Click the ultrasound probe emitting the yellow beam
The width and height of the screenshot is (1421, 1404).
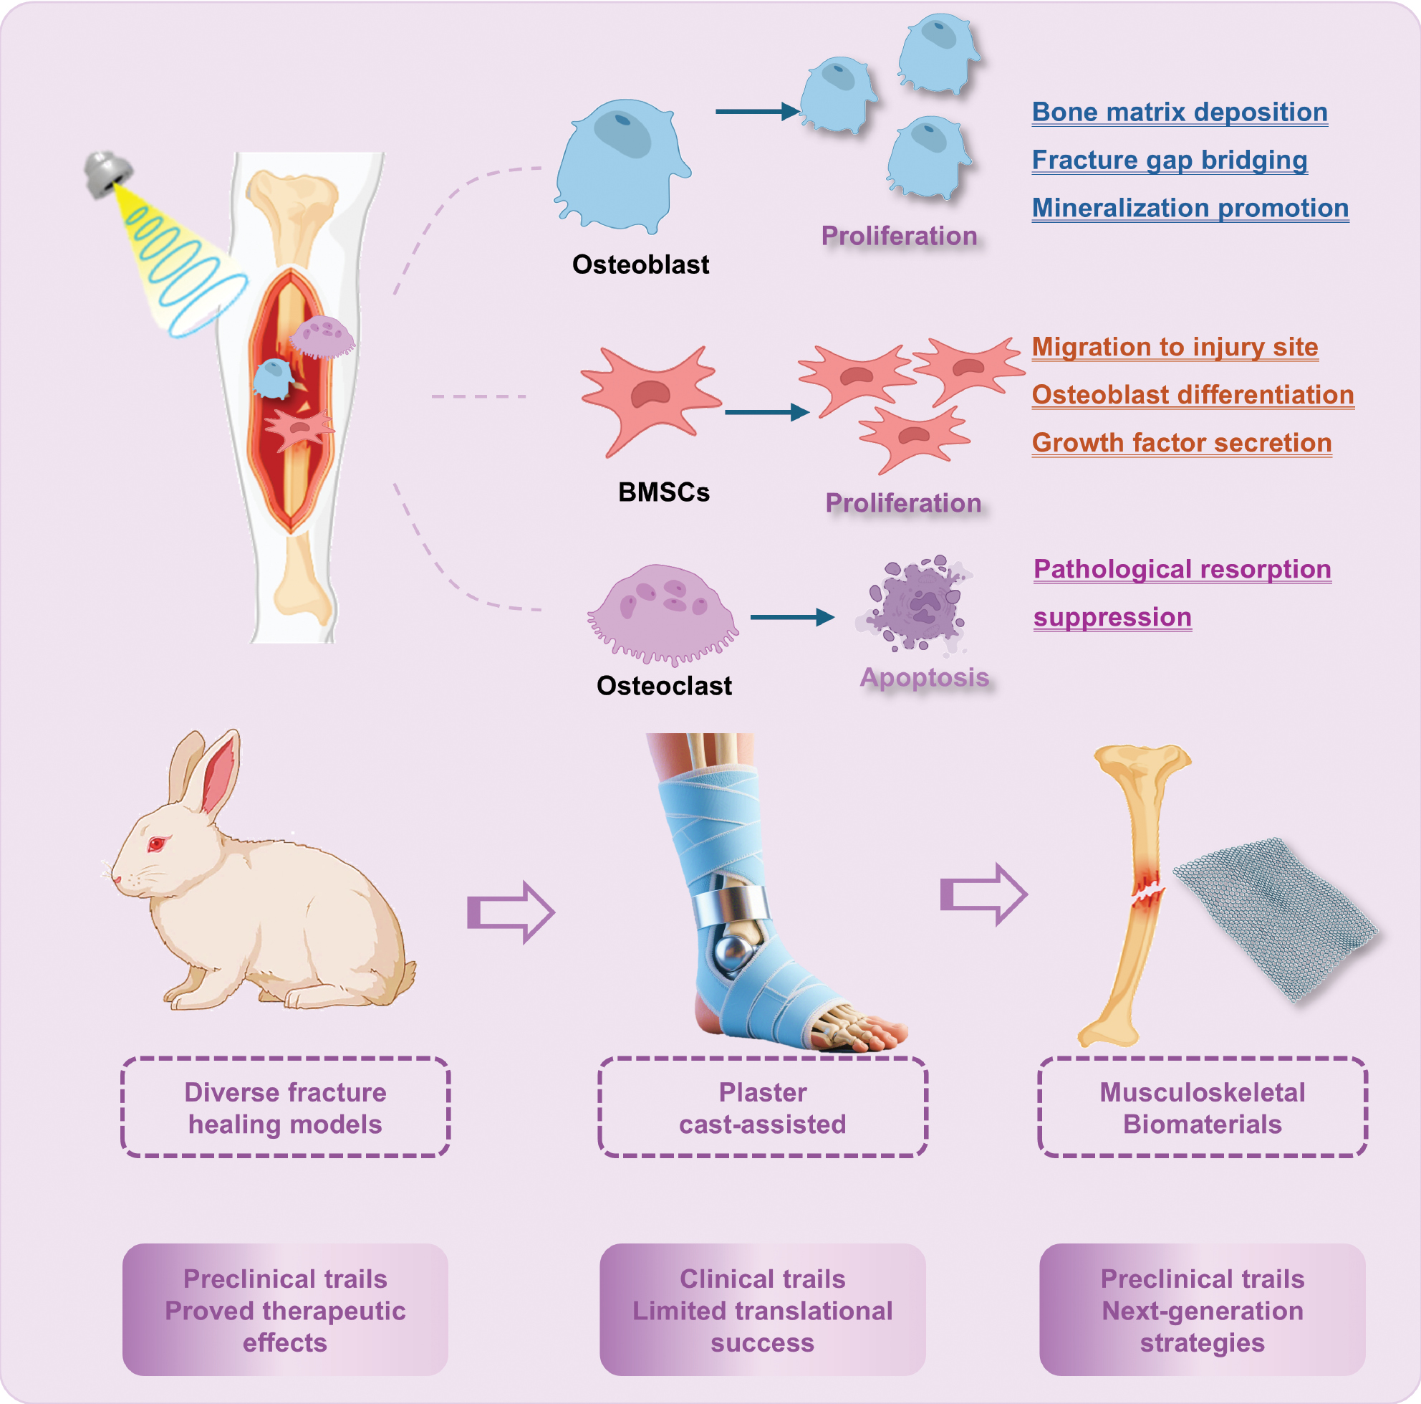107,173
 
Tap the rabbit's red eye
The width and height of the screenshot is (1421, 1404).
157,844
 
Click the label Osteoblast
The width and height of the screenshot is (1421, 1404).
640,265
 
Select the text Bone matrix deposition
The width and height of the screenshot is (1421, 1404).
1179,113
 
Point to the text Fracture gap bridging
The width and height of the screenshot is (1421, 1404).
1169,161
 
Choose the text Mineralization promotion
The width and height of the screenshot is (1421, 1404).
1190,209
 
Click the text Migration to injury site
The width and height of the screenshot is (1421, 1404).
1174,348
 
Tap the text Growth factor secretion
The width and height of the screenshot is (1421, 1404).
1181,443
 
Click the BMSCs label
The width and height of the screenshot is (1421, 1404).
663,492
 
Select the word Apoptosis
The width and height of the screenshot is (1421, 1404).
924,678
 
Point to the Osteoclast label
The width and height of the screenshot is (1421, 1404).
663,686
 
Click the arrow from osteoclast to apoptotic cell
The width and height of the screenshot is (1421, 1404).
791,617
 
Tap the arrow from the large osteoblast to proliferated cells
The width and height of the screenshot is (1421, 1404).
757,112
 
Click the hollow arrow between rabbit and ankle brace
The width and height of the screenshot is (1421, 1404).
511,912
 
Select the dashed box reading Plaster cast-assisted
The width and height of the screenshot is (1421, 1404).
762,1107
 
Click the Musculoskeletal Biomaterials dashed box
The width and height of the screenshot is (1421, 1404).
1202,1107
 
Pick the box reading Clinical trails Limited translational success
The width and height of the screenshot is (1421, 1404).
762,1311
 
